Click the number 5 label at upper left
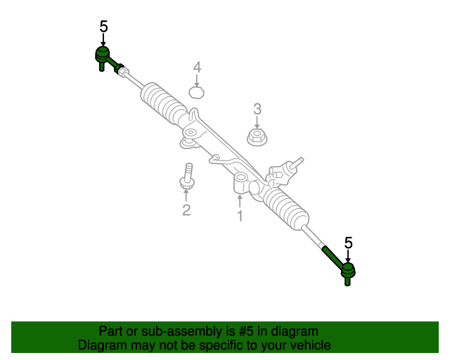[x=103, y=27]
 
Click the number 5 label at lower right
[x=348, y=243]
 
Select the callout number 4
[x=198, y=67]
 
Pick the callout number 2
[x=186, y=210]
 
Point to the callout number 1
[x=240, y=216]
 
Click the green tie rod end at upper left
[x=103, y=55]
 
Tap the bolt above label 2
[x=188, y=176]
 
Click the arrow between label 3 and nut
[x=257, y=121]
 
